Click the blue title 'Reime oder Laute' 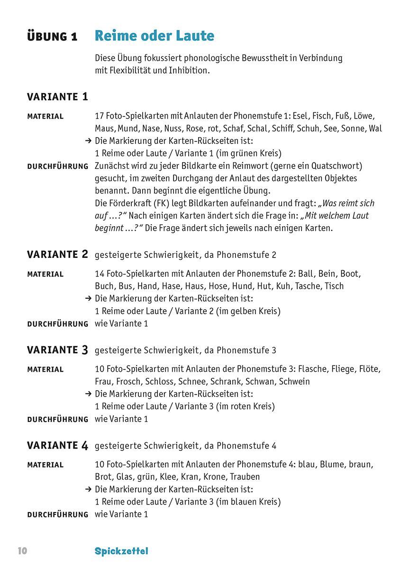(155, 36)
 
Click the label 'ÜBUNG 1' (52, 37)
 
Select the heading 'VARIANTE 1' (57, 97)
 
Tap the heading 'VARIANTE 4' (57, 446)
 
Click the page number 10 (23, 551)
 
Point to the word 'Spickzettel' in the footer (121, 551)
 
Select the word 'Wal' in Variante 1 (375, 128)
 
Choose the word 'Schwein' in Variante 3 (294, 382)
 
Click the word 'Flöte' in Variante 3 (370, 369)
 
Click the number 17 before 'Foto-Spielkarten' (99, 116)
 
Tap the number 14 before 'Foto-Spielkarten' (99, 274)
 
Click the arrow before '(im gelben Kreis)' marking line (88, 299)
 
